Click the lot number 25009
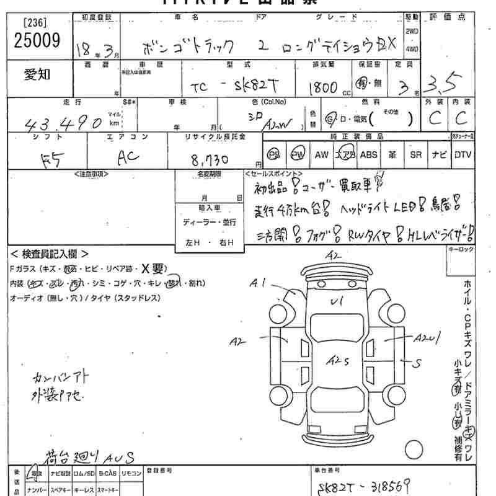pos(37,41)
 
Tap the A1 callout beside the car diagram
pos(259,283)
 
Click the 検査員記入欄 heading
pos(50,254)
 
